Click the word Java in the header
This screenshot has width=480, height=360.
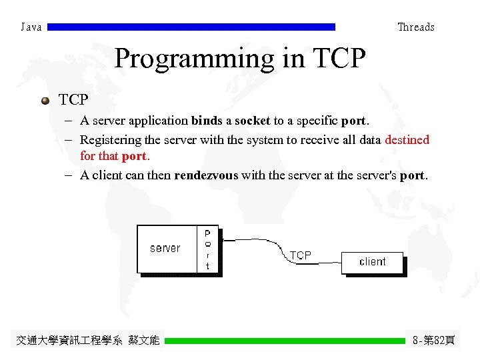pyautogui.click(x=31, y=27)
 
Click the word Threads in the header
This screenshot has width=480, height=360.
pyautogui.click(x=415, y=27)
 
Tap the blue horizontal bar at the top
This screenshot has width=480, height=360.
pyautogui.click(x=192, y=27)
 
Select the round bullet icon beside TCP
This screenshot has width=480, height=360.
pyautogui.click(x=45, y=100)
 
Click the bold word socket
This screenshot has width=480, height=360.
pyautogui.click(x=252, y=121)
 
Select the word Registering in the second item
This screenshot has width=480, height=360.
pyautogui.click(x=111, y=140)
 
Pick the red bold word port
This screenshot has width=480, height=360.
pyautogui.click(x=134, y=157)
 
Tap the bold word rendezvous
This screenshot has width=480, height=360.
pyautogui.click(x=205, y=176)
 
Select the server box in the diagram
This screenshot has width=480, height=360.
pyautogui.click(x=167, y=249)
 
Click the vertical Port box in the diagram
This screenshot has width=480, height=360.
pyautogui.click(x=207, y=249)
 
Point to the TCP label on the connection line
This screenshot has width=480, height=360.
pyautogui.click(x=300, y=255)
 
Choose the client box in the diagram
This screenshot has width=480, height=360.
pyautogui.click(x=372, y=262)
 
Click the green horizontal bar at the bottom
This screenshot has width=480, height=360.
pyautogui.click(x=285, y=341)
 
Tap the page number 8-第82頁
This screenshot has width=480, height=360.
pyautogui.click(x=433, y=341)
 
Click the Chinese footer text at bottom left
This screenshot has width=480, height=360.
pyautogui.click(x=87, y=341)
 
